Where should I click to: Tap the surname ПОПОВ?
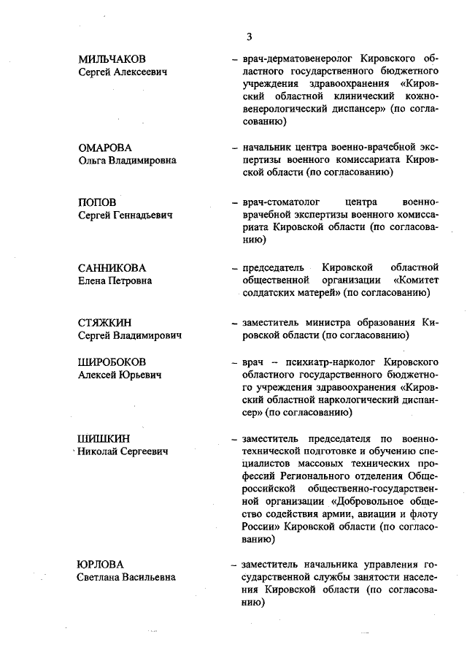click(x=97, y=202)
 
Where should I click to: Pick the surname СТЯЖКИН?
click(x=107, y=322)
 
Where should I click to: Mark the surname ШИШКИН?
click(x=104, y=438)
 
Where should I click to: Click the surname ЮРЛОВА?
click(x=101, y=565)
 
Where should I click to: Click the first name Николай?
click(x=101, y=451)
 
